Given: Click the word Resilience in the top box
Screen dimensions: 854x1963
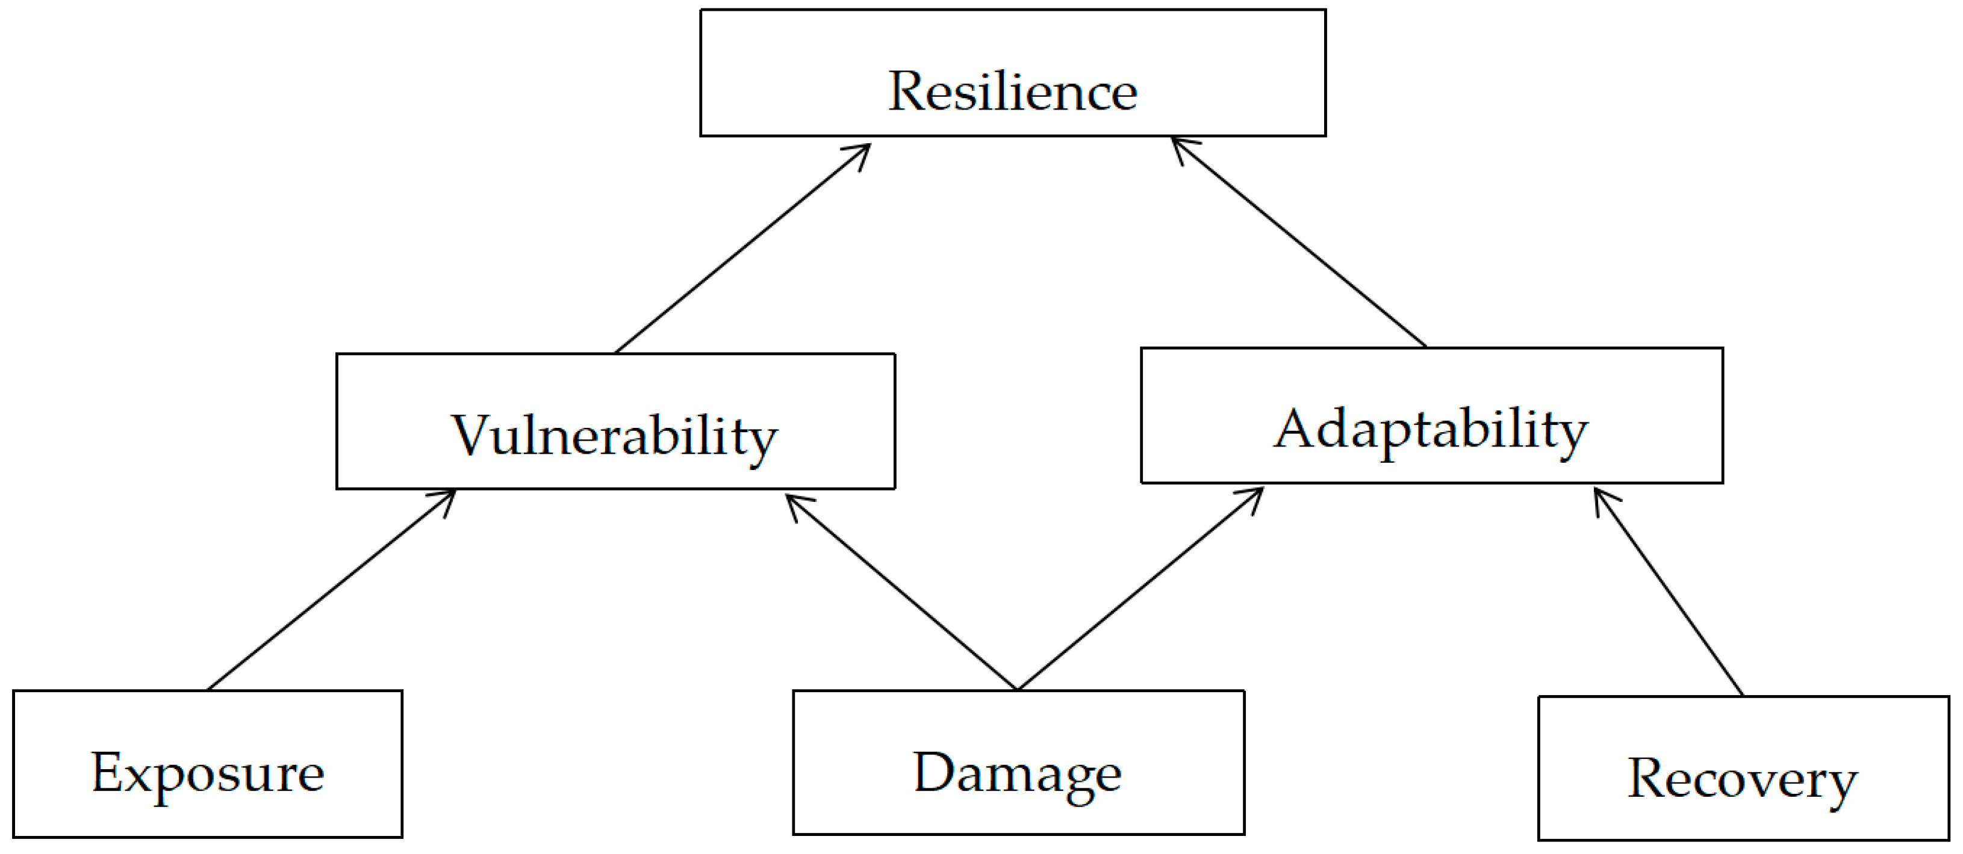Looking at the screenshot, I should (x=1012, y=91).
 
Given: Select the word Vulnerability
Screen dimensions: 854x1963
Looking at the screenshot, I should (x=614, y=436).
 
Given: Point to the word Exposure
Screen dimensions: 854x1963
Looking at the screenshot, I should (x=207, y=773).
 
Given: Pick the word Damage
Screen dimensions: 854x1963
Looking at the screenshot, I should (x=1017, y=773).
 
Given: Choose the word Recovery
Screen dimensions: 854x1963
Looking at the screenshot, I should (x=1743, y=779).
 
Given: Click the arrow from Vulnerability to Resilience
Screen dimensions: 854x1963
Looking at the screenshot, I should (x=743, y=247).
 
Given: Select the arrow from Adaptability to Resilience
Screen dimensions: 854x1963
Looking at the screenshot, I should (x=1299, y=243).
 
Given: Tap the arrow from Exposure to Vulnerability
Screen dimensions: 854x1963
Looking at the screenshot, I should (x=332, y=590).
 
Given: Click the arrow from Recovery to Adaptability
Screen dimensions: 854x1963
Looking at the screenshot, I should (x=1669, y=592).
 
